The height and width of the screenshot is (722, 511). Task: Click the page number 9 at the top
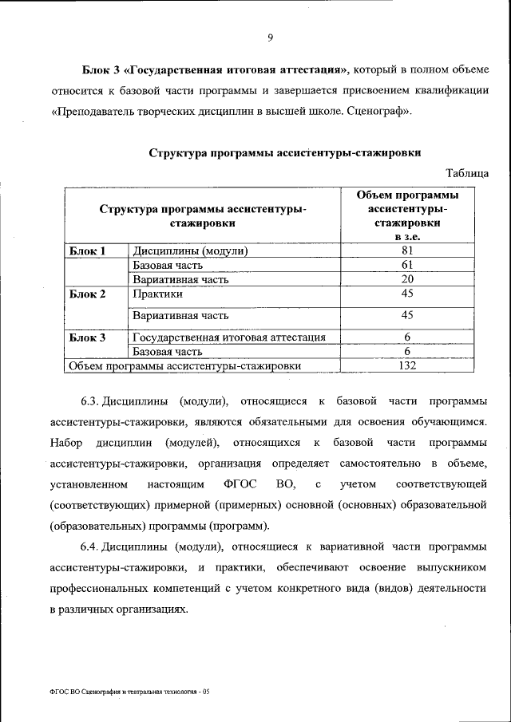[271, 37]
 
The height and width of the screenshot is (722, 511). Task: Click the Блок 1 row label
[87, 251]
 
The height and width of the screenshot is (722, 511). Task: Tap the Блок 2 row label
[87, 294]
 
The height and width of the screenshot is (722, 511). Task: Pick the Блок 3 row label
[87, 337]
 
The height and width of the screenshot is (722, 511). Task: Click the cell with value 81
[406, 251]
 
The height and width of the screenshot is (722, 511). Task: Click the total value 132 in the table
[406, 366]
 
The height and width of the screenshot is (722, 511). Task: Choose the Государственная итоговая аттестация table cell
[229, 337]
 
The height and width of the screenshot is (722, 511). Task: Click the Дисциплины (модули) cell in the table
[191, 251]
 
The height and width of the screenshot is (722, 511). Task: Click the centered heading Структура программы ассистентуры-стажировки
[285, 152]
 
